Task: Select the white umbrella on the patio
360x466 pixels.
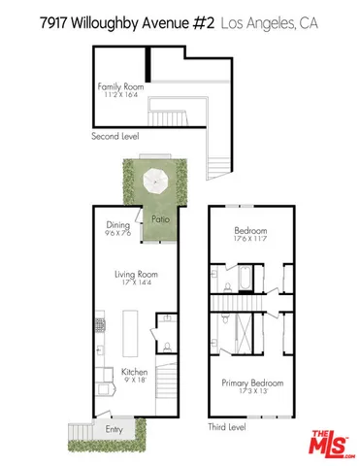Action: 156,181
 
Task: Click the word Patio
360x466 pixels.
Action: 162,220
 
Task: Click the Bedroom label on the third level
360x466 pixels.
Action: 249,231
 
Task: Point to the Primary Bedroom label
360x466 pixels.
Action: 249,382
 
